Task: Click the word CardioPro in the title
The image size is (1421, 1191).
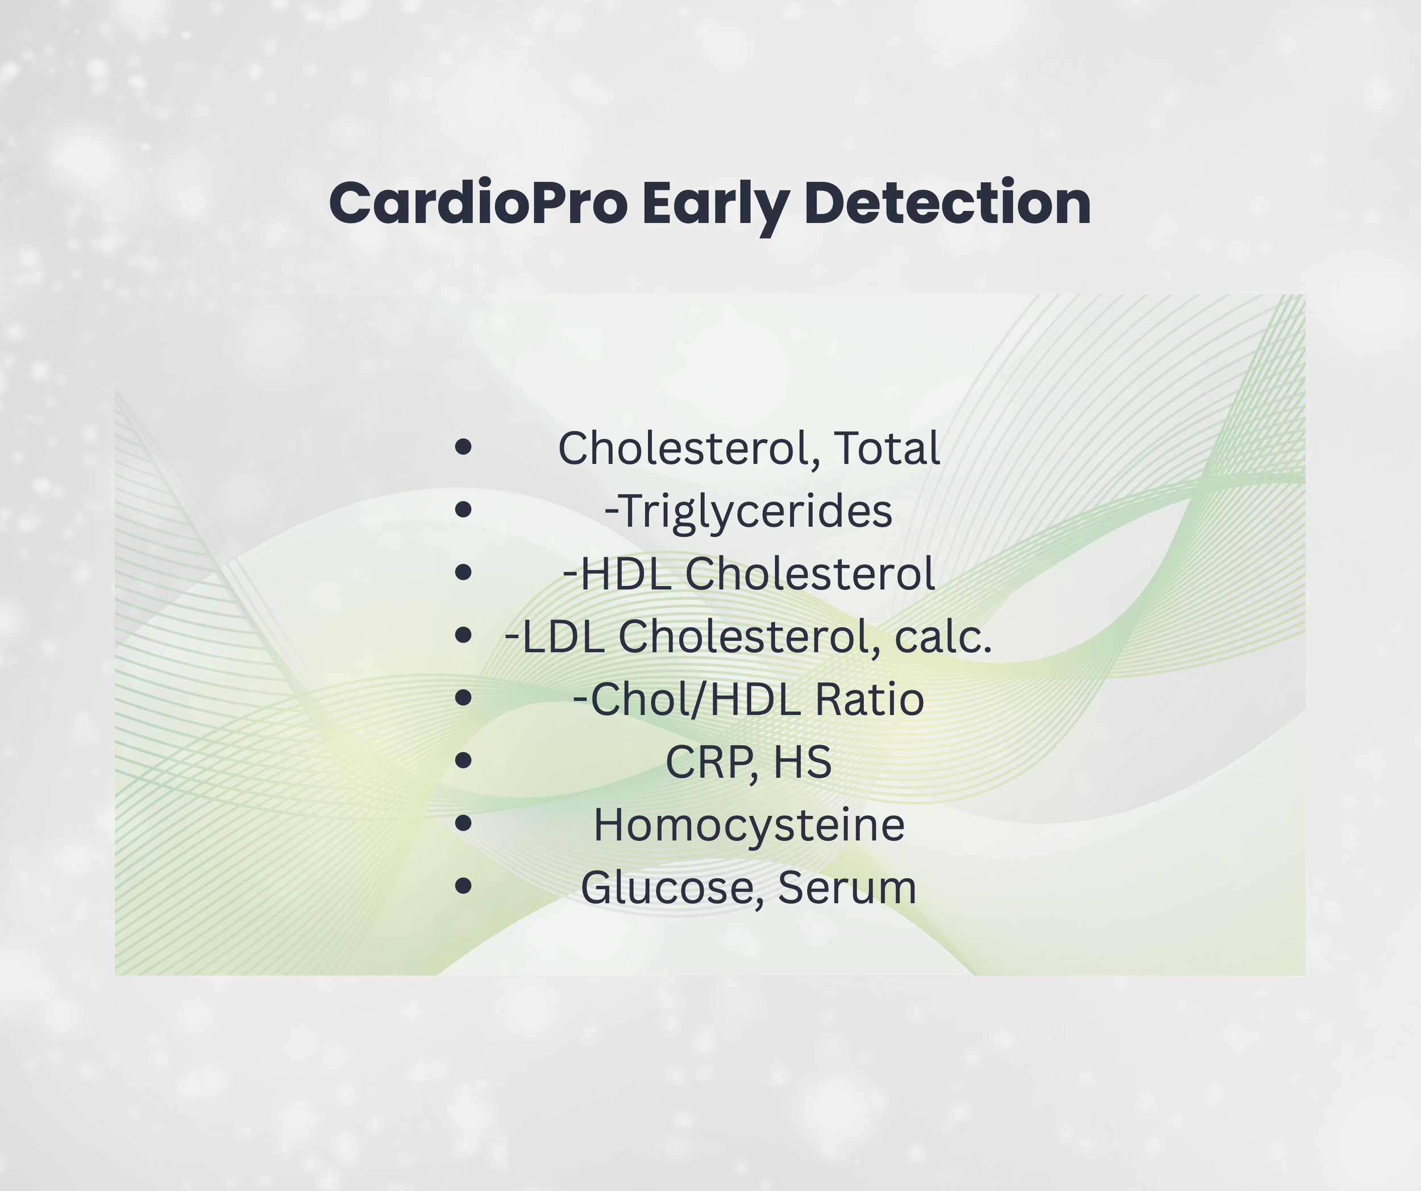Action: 477,204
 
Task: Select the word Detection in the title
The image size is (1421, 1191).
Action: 948,204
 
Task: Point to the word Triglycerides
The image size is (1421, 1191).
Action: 754,511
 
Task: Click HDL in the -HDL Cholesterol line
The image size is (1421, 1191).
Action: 626,573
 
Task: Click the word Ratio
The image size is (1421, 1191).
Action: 869,699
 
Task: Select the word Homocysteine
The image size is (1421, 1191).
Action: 749,825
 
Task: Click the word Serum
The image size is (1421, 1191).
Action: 847,887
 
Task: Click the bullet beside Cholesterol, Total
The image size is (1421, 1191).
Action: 463,447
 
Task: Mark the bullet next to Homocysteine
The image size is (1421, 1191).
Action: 463,823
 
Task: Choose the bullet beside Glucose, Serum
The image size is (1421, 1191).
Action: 463,886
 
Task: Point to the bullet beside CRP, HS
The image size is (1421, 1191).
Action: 463,761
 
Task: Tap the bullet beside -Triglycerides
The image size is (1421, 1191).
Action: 463,509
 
